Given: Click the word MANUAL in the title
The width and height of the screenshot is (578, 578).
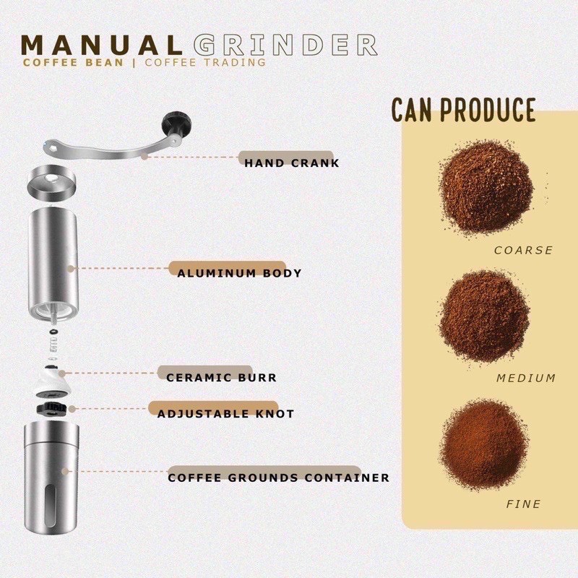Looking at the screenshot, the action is coord(102,45).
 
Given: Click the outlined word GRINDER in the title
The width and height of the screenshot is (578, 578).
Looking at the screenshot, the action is coord(285,45).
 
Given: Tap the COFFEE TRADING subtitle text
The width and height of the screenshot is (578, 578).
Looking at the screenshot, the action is coord(205,62).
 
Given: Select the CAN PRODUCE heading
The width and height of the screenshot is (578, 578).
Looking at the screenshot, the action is coord(463,110).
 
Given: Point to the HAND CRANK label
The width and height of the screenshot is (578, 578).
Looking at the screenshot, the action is coord(292,163).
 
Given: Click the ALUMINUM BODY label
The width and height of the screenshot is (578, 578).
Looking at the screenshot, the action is coord(240,273).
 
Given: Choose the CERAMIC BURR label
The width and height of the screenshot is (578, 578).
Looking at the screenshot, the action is coord(221,377).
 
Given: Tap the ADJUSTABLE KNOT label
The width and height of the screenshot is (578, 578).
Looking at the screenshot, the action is coord(225,413).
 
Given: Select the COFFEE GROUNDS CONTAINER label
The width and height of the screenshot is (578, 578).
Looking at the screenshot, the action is coord(279,478).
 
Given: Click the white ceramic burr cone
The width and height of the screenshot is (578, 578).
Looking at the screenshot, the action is coord(51,384).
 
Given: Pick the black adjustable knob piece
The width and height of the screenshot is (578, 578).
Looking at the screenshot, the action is coord(52,409).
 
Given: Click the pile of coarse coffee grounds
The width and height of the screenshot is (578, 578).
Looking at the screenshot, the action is coord(486,187).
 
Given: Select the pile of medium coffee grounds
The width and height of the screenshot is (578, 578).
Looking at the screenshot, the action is coord(485,316).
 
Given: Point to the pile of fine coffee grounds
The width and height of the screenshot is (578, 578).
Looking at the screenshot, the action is coord(483,444).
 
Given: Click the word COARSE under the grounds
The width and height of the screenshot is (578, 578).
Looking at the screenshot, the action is coord(523,250).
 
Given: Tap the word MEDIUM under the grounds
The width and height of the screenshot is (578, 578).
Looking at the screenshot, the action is coord(526,378).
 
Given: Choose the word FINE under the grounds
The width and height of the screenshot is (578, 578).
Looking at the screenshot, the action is coord(523,504).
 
